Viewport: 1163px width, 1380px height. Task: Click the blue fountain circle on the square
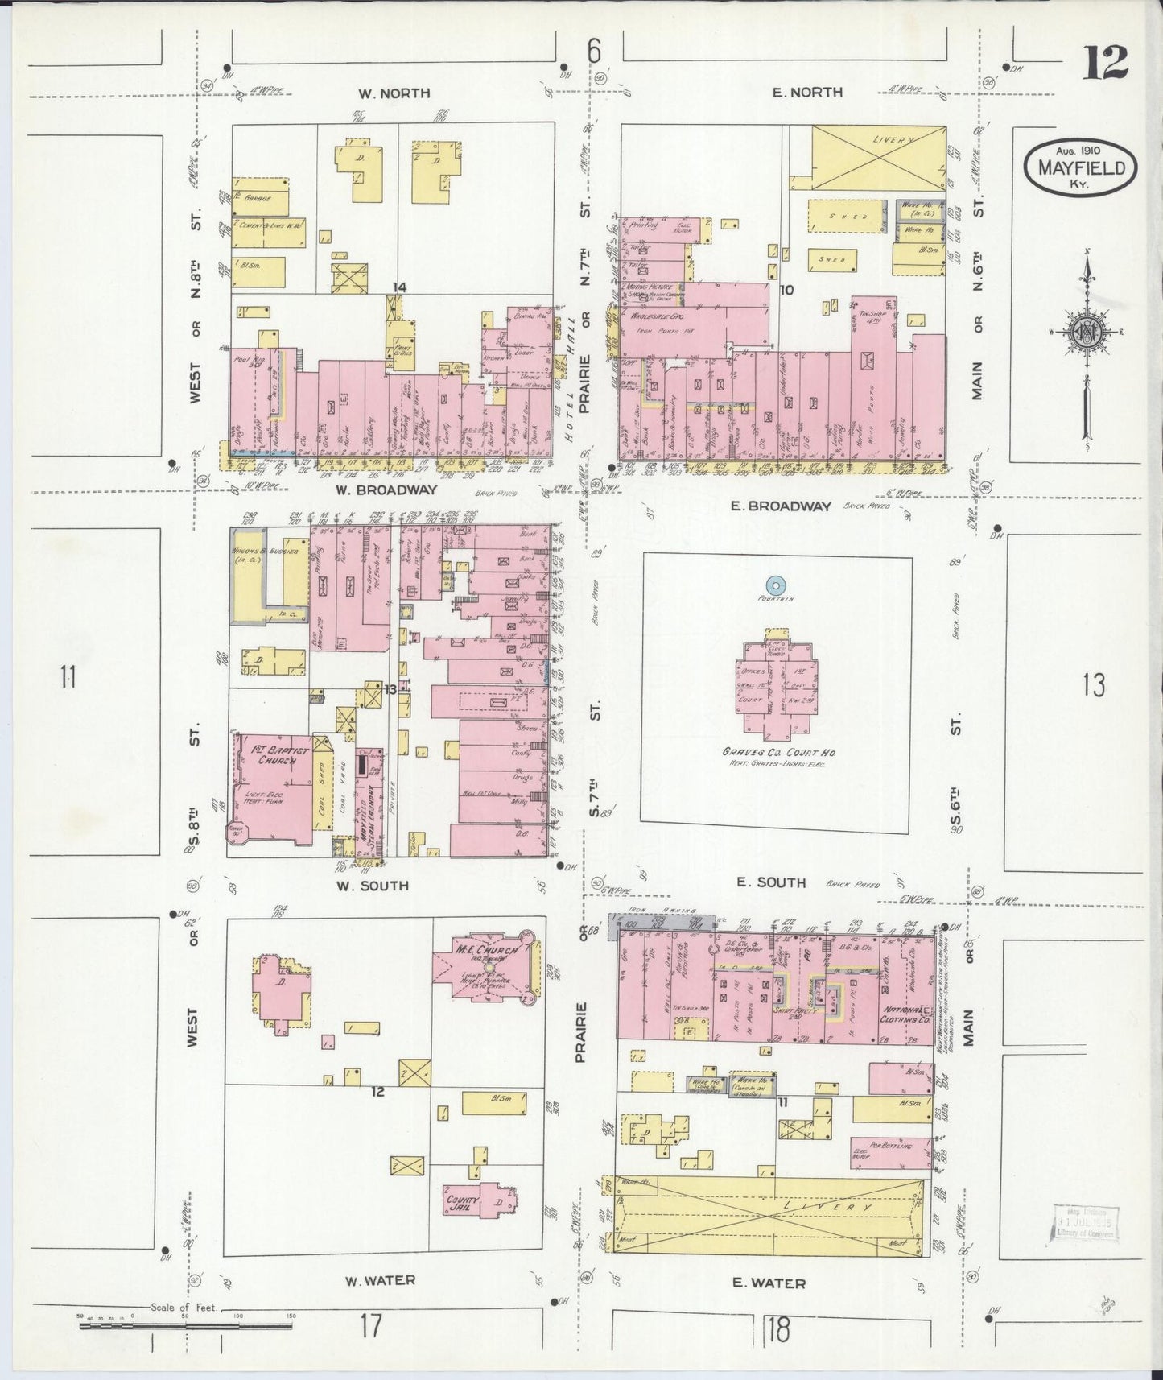[775, 586]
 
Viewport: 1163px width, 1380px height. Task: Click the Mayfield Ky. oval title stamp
[1081, 167]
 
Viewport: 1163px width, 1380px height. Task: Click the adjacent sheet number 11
[68, 676]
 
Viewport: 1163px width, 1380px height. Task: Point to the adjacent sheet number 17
[370, 1324]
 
